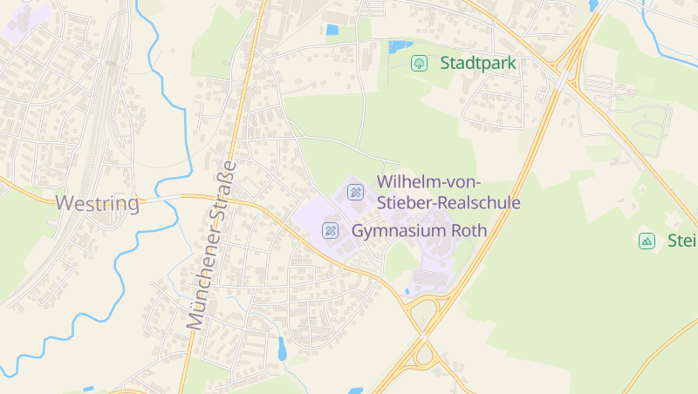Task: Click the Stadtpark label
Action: pyautogui.click(x=478, y=63)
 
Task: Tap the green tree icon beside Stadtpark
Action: pyautogui.click(x=419, y=63)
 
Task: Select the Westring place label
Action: pyautogui.click(x=98, y=204)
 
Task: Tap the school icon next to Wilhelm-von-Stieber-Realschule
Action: pyautogui.click(x=355, y=192)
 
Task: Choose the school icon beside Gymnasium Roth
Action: pyautogui.click(x=331, y=230)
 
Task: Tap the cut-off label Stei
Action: pyautogui.click(x=681, y=241)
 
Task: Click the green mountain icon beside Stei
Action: pyautogui.click(x=647, y=241)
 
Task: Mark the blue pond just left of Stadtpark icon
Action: pyautogui.click(x=400, y=46)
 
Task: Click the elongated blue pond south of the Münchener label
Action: pyautogui.click(x=282, y=348)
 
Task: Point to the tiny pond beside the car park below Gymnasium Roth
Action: pyautogui.click(x=406, y=291)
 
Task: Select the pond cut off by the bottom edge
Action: pyautogui.click(x=355, y=391)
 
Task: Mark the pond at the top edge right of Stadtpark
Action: pyautogui.click(x=594, y=5)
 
